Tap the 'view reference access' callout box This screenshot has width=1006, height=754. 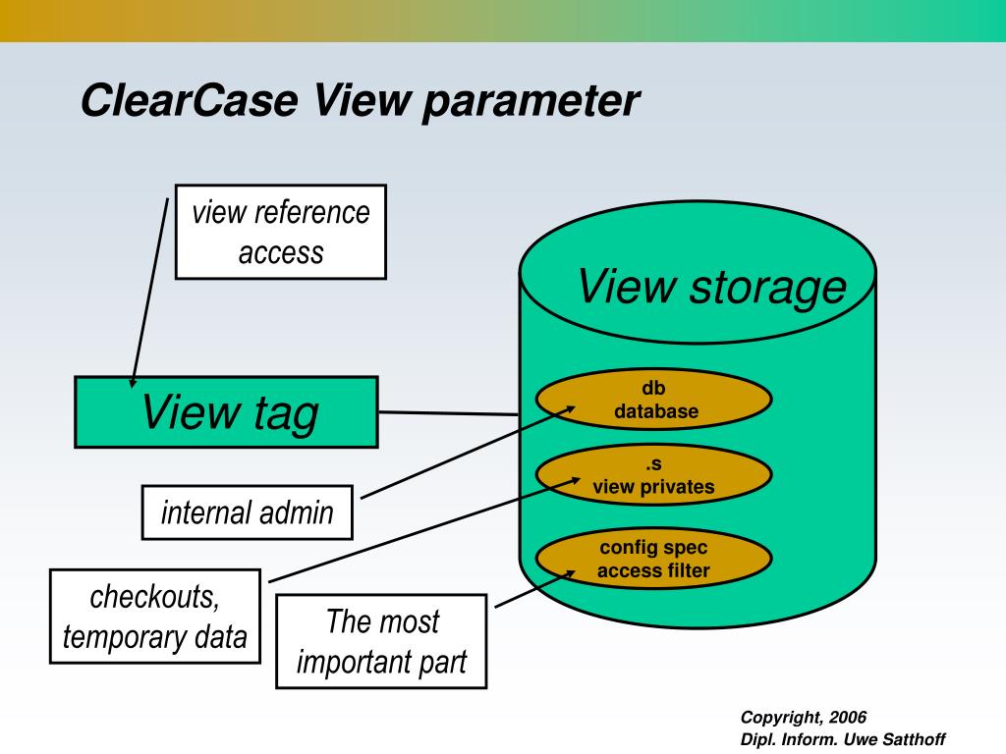pyautogui.click(x=281, y=232)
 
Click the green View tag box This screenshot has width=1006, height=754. pyautogui.click(x=227, y=412)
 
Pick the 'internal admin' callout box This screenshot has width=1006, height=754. pyautogui.click(x=247, y=512)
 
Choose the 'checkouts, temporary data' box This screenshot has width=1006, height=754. pyautogui.click(x=155, y=617)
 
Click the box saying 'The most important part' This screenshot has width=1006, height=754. pyautogui.click(x=381, y=641)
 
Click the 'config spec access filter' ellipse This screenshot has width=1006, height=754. pyautogui.click(x=654, y=559)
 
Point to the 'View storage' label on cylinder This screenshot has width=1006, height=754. pyautogui.click(x=710, y=287)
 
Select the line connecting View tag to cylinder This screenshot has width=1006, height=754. pyautogui.click(x=448, y=413)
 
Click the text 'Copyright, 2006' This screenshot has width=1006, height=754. pyautogui.click(x=804, y=718)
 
